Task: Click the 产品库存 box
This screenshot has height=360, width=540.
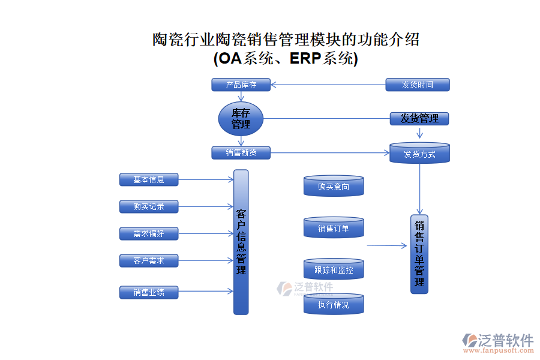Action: [x=241, y=85]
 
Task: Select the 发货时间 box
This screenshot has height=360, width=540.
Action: [x=417, y=85]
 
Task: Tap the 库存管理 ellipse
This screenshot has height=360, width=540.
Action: [x=241, y=119]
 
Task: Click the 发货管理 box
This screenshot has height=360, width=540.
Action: [x=419, y=119]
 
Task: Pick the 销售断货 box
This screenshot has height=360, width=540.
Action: [x=241, y=153]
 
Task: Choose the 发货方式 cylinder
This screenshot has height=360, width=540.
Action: [x=419, y=154]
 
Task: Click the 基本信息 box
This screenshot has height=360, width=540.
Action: [x=149, y=179]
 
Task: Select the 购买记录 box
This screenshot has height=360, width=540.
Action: [x=149, y=206]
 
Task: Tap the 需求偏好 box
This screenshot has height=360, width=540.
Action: [x=149, y=233]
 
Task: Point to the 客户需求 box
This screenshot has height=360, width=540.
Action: [x=149, y=260]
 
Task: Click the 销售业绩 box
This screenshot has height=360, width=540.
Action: [x=149, y=292]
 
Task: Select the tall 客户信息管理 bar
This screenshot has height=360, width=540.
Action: [x=241, y=242]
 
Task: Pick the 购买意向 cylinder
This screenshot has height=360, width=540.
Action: [x=334, y=187]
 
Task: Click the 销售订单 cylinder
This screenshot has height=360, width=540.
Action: [x=334, y=228]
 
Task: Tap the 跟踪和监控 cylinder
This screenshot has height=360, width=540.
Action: [x=334, y=270]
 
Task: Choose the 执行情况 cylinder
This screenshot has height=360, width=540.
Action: [x=334, y=305]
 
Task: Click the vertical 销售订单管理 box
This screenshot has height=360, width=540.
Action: [x=419, y=254]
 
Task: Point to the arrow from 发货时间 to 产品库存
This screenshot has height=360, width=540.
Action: [x=328, y=85]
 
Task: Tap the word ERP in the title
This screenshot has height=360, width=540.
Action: [x=305, y=59]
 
